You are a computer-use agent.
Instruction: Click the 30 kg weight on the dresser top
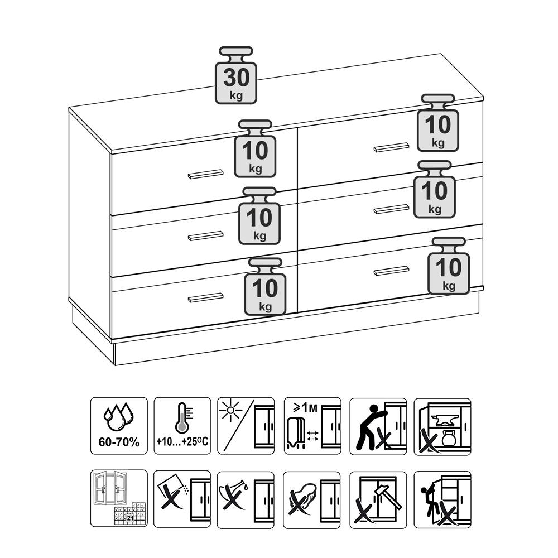pyautogui.click(x=236, y=75)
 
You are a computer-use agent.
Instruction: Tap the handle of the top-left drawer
pyautogui.click(x=206, y=174)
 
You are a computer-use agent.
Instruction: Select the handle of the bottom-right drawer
pyautogui.click(x=392, y=271)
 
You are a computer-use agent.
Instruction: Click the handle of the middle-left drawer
pyautogui.click(x=206, y=236)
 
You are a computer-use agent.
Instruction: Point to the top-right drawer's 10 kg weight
pyautogui.click(x=437, y=123)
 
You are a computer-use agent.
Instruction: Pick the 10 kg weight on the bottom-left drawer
pyautogui.click(x=265, y=287)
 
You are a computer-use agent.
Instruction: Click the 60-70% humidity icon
pyautogui.click(x=119, y=426)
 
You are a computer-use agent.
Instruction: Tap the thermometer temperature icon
pyautogui.click(x=182, y=426)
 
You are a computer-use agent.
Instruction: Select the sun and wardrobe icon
pyautogui.click(x=246, y=426)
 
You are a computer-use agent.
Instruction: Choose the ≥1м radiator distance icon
pyautogui.click(x=312, y=426)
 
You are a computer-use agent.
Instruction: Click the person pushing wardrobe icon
pyautogui.click(x=378, y=426)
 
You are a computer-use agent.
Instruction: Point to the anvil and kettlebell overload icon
pyautogui.click(x=442, y=426)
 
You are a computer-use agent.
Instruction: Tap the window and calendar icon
pyautogui.click(x=119, y=498)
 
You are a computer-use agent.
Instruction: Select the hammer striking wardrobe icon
pyautogui.click(x=378, y=500)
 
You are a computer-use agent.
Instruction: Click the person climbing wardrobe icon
pyautogui.click(x=442, y=500)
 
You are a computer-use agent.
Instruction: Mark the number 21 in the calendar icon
pyautogui.click(x=130, y=518)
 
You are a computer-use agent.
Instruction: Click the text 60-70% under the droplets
pyautogui.click(x=119, y=442)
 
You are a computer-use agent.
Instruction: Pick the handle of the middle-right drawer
pyautogui.click(x=392, y=209)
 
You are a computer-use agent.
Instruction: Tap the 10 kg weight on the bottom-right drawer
pyautogui.click(x=449, y=266)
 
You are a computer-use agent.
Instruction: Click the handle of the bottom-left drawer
pyautogui.click(x=206, y=298)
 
